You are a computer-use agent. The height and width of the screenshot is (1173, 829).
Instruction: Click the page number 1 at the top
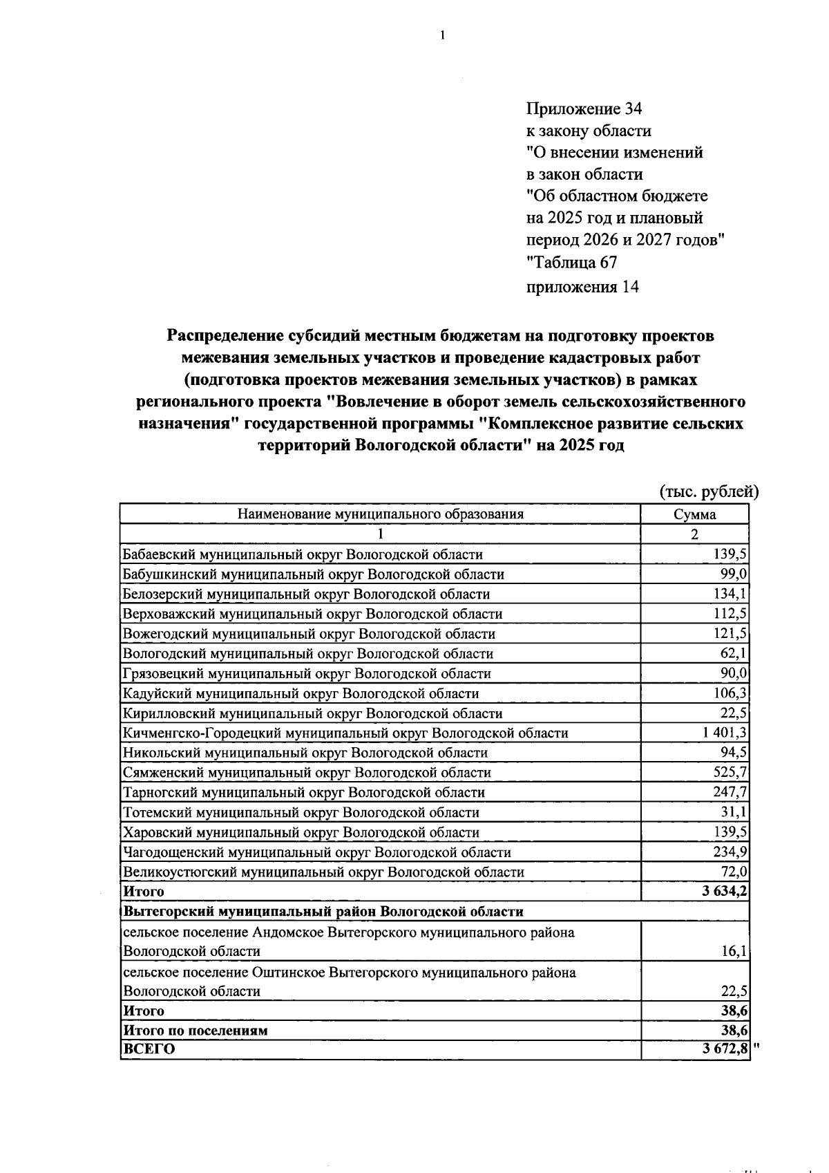442,35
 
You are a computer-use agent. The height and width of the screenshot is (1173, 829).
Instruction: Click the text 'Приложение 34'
584,109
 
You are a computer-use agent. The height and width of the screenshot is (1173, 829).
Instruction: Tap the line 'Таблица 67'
572,263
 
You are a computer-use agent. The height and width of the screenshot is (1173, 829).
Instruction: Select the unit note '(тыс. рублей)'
709,491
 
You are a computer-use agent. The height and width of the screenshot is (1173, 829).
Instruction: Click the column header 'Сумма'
695,514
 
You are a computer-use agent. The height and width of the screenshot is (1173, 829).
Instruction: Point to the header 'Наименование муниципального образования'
380,514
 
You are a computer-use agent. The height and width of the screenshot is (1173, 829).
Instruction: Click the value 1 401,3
725,733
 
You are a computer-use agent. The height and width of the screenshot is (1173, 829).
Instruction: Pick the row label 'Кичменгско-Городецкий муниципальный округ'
345,733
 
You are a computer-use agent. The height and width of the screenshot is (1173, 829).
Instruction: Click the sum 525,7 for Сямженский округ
730,773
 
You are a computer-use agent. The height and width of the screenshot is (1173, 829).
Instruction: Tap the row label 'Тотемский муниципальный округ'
301,812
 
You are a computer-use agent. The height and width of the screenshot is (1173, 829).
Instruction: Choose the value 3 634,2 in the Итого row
725,892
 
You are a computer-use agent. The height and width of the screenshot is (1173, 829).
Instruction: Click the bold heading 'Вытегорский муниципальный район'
323,912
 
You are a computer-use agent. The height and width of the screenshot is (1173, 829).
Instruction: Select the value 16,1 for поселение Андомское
734,952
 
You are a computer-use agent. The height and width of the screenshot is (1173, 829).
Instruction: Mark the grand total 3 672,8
725,1049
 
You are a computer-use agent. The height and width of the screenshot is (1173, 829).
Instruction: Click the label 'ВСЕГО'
149,1049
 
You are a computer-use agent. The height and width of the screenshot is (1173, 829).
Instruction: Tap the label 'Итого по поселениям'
195,1031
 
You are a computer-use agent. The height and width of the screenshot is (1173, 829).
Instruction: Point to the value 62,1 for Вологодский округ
734,654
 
